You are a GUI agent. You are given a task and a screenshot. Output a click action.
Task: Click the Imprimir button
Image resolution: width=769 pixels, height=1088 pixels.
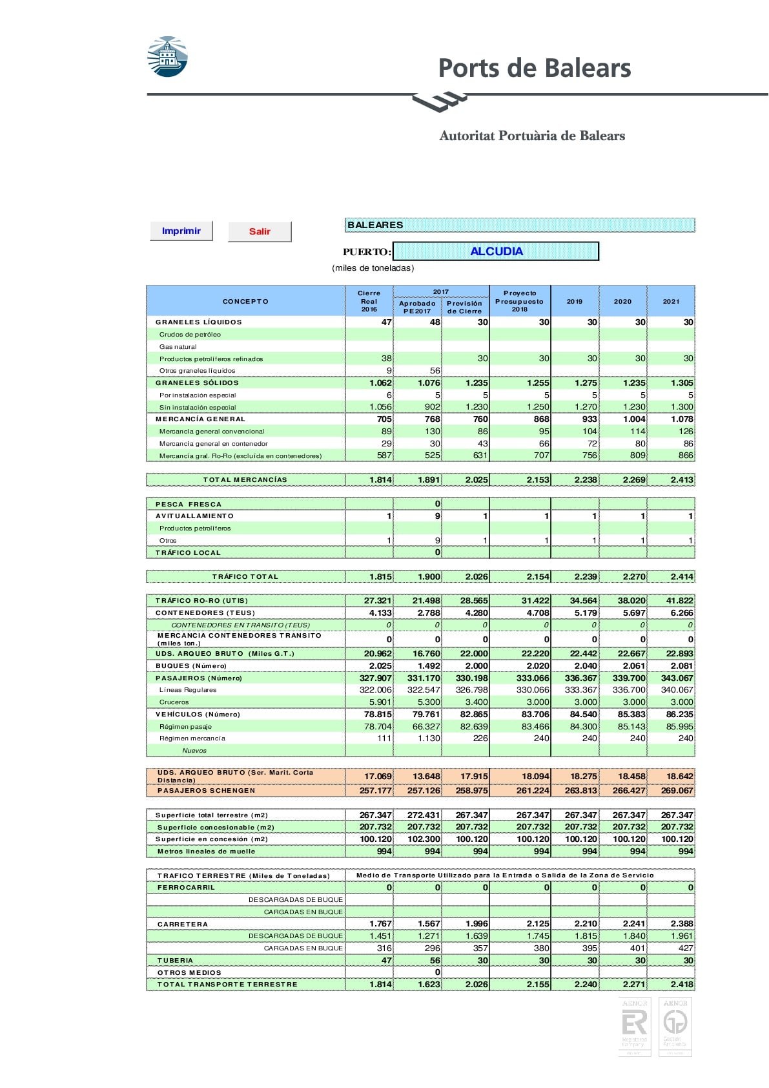click(x=181, y=231)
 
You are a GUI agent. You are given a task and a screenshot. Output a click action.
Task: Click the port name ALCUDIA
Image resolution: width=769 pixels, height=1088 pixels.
click(x=496, y=251)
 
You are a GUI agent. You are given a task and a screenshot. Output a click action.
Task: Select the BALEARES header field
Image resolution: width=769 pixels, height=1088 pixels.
click(x=520, y=225)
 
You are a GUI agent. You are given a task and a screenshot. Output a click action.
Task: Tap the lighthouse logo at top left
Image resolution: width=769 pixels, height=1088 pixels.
click(x=167, y=57)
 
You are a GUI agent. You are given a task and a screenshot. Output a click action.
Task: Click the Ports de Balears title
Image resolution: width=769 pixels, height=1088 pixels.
click(x=534, y=68)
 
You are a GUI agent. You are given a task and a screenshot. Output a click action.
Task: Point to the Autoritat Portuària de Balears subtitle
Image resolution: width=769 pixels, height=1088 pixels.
click(x=532, y=136)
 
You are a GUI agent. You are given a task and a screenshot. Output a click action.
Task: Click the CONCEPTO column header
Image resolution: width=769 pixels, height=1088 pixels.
click(x=245, y=301)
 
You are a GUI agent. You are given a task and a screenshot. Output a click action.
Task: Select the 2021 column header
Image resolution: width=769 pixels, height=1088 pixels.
click(x=671, y=301)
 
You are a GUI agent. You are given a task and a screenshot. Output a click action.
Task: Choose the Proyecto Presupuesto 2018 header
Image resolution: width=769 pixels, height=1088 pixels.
click(x=519, y=301)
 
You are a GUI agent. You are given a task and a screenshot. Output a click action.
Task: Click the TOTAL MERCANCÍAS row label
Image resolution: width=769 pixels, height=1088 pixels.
click(x=245, y=480)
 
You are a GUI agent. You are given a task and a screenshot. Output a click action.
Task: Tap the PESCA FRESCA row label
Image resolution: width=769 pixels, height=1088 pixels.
click(x=188, y=504)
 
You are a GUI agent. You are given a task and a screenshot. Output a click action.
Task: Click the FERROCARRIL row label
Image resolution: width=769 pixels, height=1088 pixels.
click(x=186, y=888)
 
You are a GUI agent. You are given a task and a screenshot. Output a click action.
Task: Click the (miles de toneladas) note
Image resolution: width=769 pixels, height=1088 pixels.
click(x=373, y=268)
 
